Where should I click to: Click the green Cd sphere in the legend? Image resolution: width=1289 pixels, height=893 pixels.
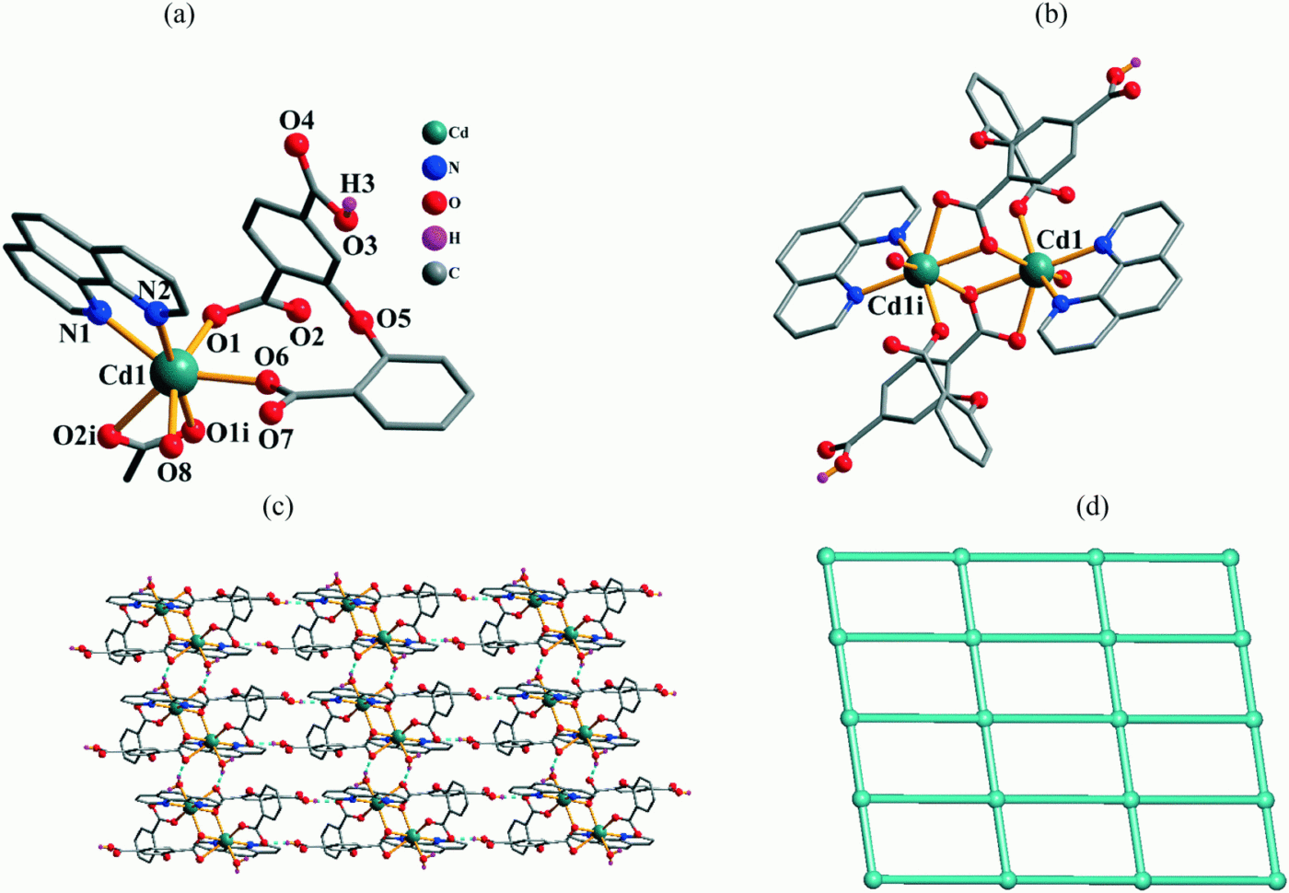tap(435, 133)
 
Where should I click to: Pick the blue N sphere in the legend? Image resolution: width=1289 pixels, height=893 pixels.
tap(435, 168)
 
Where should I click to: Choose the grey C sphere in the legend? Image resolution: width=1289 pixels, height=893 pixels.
tap(435, 273)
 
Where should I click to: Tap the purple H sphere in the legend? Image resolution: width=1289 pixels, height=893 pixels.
tap(435, 238)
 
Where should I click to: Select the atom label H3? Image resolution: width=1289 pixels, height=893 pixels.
tap(357, 184)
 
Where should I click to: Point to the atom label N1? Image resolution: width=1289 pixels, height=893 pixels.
tap(75, 333)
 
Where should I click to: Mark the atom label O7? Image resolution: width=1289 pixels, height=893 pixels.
tap(274, 439)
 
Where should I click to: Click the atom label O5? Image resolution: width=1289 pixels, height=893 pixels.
tap(392, 319)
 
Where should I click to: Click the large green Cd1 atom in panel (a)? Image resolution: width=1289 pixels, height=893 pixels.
tap(175, 371)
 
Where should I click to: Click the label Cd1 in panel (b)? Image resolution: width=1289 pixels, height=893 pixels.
tap(1060, 239)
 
